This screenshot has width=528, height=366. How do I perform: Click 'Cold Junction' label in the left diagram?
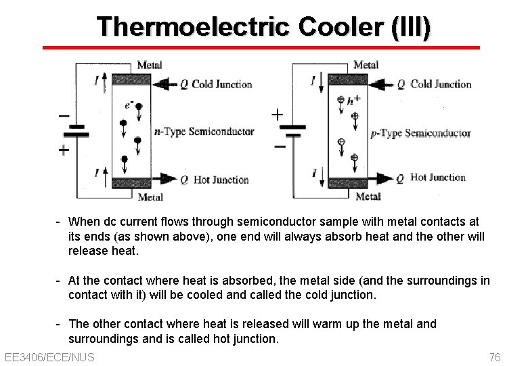coord(222,85)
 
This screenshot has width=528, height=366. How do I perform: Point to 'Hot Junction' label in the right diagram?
coord(438,178)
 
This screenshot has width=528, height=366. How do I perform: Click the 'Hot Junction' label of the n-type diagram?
coord(221,180)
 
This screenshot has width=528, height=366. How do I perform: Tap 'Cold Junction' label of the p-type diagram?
coord(441,84)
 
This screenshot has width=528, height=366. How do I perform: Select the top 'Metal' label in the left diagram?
coord(150,65)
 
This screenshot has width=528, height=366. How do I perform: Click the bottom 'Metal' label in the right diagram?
coord(368,197)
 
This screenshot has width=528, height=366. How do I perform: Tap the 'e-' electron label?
coord(129,105)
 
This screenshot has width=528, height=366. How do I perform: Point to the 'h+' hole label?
coord(353,99)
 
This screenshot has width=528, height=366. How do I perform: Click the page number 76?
coord(494,357)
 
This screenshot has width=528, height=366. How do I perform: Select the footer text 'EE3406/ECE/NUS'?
coord(49,357)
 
